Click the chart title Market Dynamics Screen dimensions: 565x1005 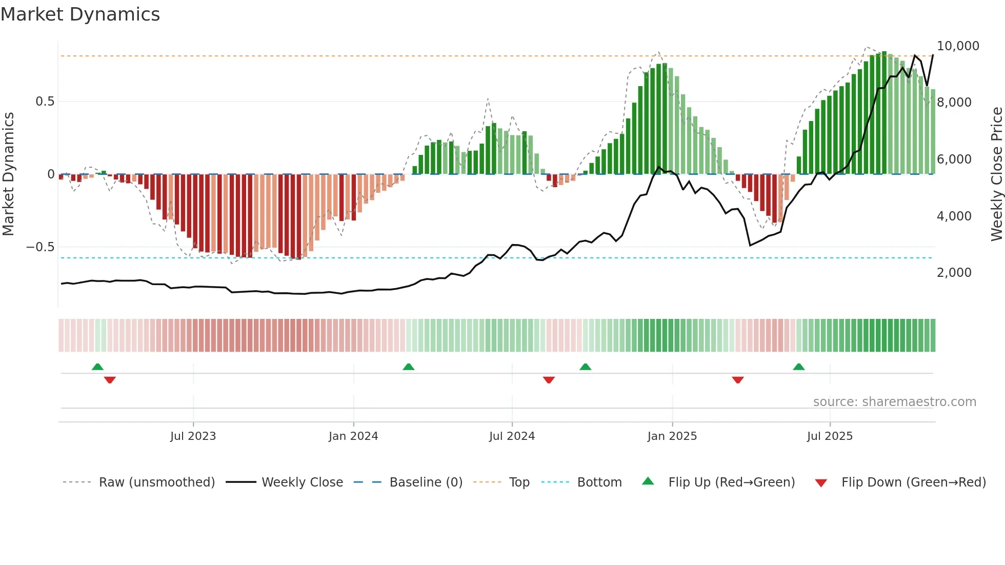(x=80, y=14)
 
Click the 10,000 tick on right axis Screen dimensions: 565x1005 (x=957, y=46)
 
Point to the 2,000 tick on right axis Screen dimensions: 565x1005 (x=954, y=273)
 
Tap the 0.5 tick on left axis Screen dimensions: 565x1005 (x=45, y=102)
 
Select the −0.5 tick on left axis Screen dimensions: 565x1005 (x=41, y=247)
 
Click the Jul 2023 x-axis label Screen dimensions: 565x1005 (x=193, y=436)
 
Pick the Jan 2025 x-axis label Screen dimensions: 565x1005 (x=672, y=436)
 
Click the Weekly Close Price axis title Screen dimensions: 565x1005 (x=996, y=174)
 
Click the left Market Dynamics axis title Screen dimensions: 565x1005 (x=8, y=174)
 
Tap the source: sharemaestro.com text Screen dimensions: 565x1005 (x=894, y=402)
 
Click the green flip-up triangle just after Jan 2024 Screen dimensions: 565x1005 (x=408, y=367)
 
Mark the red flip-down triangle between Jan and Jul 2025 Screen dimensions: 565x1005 (x=738, y=380)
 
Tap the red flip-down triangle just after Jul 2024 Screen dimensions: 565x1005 (x=549, y=380)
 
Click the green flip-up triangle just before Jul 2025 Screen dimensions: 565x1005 (x=798, y=367)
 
